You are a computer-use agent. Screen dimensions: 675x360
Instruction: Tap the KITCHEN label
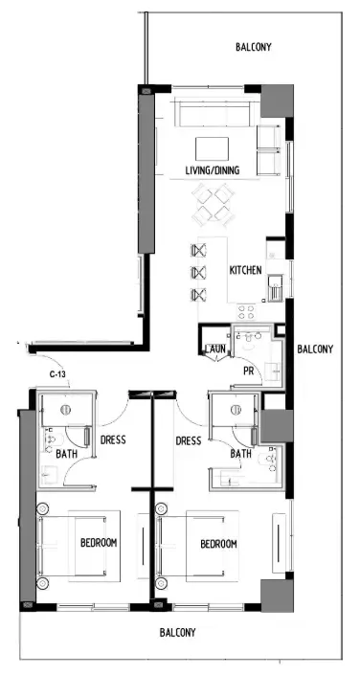point(245,271)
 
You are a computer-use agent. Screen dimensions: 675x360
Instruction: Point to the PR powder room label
point(247,370)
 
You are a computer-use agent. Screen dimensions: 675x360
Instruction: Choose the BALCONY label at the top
point(257,46)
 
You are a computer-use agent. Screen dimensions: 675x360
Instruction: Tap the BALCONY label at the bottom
point(177,632)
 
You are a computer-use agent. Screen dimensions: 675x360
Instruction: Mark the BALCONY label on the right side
point(315,349)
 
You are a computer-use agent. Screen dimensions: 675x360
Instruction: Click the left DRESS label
point(113,441)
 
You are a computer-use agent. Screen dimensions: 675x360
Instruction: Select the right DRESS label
point(189,441)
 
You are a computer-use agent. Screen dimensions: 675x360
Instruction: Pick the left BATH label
point(66,454)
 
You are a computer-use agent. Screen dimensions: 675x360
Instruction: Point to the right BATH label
point(240,454)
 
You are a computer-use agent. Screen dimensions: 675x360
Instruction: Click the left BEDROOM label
point(98,544)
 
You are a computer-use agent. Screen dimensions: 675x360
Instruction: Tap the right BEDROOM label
point(218,544)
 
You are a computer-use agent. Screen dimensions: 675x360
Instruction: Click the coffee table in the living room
point(212,148)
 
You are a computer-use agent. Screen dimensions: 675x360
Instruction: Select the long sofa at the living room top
point(212,116)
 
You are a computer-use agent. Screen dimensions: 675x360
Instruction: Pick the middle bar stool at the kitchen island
point(199,273)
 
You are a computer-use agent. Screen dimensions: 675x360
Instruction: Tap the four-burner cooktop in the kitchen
point(244,310)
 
